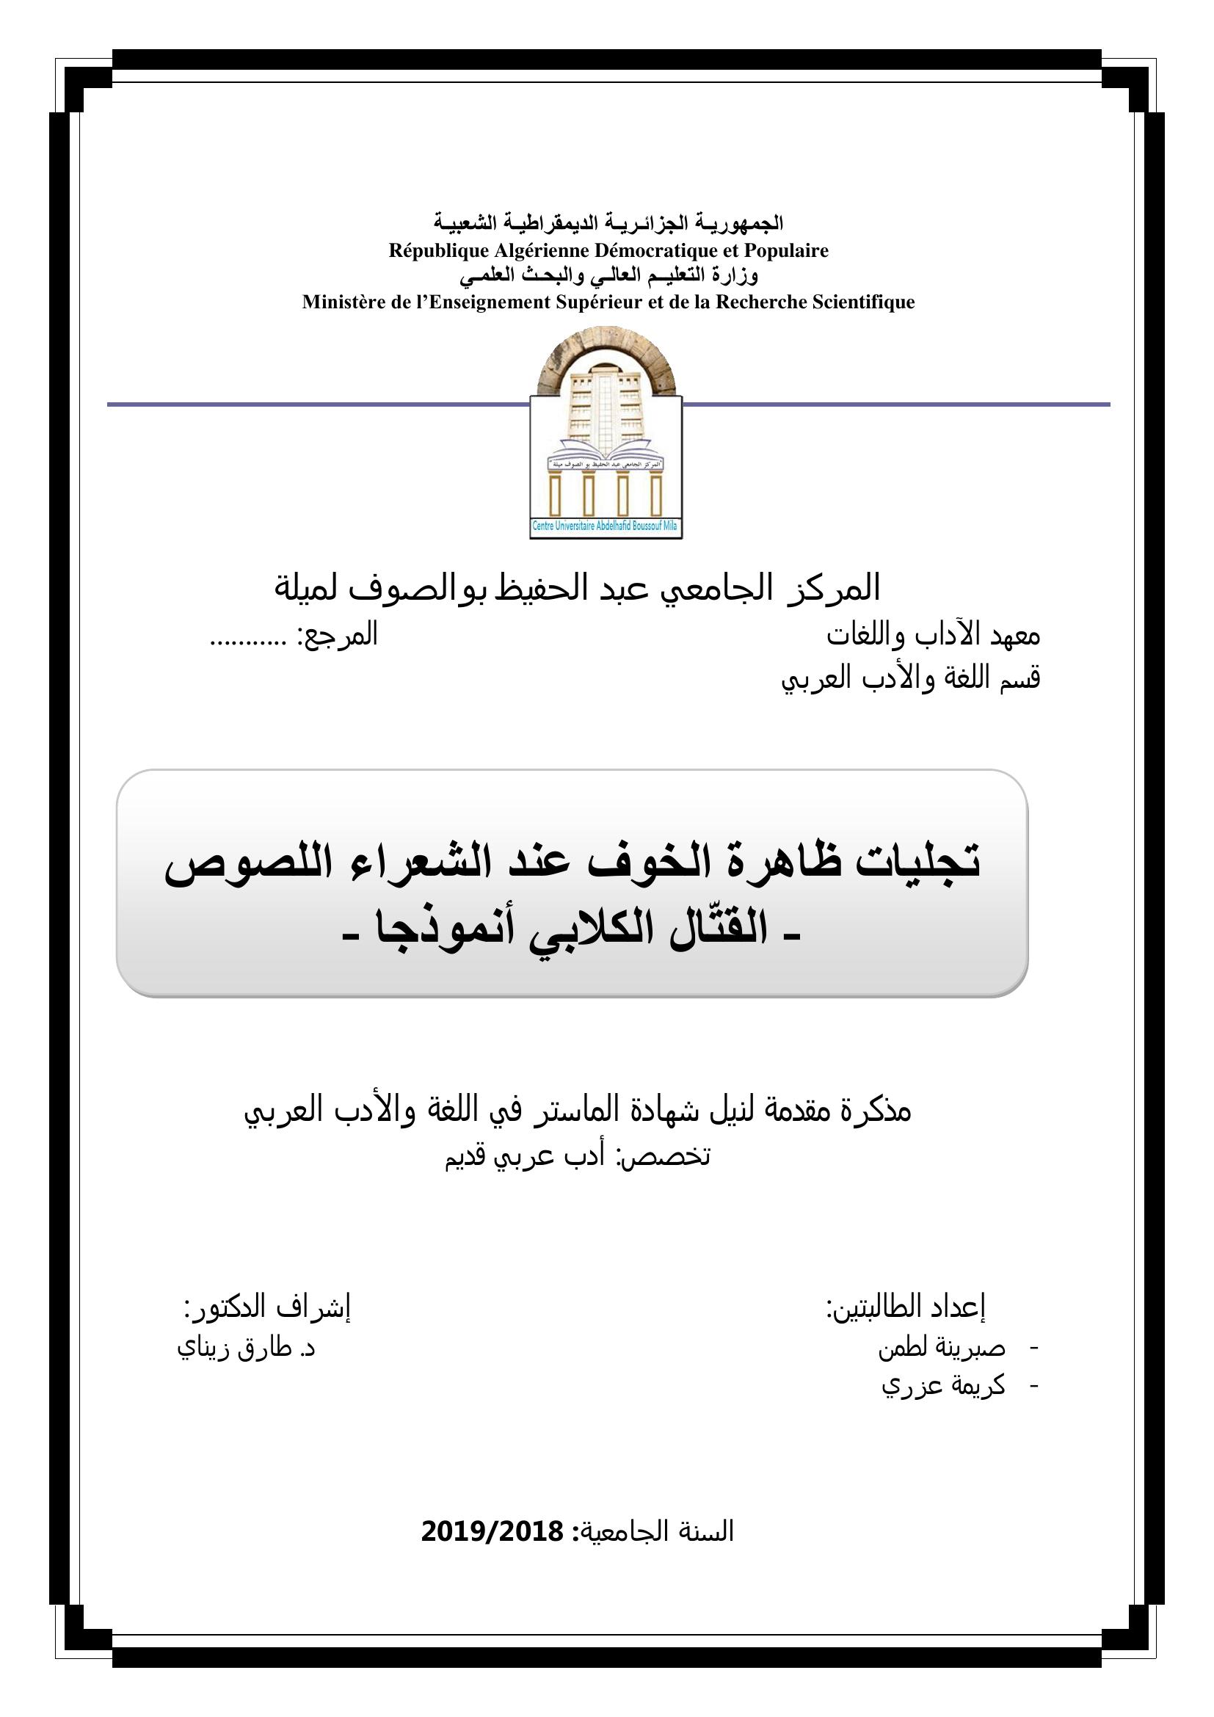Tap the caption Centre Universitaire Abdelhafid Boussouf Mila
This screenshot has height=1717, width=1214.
[x=605, y=526]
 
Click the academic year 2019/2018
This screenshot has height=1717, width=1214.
[x=492, y=1531]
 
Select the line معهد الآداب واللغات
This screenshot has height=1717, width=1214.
[x=933, y=636]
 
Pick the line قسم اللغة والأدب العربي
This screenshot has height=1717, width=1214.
[x=910, y=678]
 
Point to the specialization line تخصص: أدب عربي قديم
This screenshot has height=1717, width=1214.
[x=577, y=1155]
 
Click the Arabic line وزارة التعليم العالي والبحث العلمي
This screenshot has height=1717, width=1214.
[x=608, y=276]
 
